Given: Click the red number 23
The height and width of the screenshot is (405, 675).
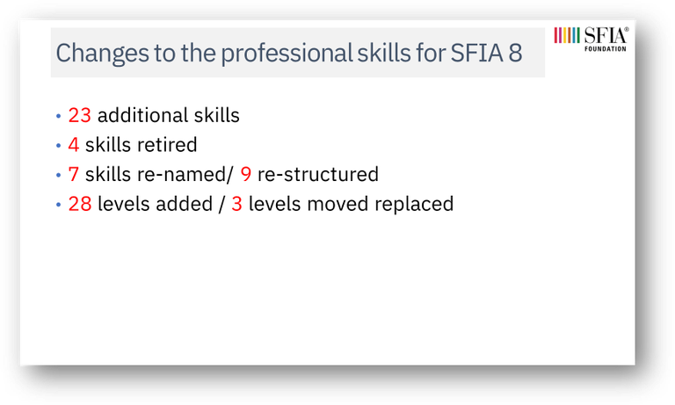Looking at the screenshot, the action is (x=80, y=115).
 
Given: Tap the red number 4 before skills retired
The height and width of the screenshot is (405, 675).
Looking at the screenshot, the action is (x=74, y=145).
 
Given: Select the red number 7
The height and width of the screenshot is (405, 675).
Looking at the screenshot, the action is (x=74, y=174).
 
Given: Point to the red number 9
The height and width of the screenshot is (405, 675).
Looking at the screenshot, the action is (x=246, y=174).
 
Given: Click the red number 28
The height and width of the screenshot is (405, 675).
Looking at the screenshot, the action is (x=80, y=204).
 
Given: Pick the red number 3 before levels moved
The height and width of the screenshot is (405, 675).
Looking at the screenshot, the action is (x=236, y=204).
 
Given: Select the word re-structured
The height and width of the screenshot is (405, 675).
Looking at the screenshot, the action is (x=318, y=174).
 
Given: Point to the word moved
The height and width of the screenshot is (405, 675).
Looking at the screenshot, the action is (x=337, y=204).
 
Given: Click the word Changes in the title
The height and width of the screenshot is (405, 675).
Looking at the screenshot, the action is (x=102, y=54).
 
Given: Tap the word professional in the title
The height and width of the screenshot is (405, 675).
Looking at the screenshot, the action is (x=287, y=54).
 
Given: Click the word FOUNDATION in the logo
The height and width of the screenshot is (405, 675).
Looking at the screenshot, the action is (x=606, y=49).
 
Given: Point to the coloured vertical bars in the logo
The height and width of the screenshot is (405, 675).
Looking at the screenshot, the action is (x=567, y=35).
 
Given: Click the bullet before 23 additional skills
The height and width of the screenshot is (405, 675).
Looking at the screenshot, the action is (x=59, y=116).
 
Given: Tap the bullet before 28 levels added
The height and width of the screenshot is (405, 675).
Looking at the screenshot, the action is (x=59, y=205).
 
